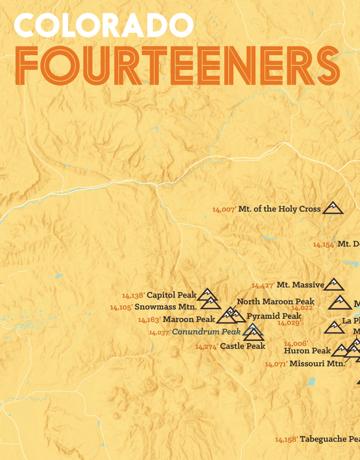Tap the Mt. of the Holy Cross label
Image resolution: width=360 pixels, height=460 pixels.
point(279,209)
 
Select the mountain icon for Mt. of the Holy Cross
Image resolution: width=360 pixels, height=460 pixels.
point(332,208)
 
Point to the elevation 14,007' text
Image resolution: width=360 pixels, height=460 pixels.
point(224,209)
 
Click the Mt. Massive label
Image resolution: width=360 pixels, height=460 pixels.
point(300,285)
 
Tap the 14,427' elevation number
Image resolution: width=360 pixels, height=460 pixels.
point(263,286)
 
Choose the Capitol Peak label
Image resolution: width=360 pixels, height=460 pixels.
point(171,295)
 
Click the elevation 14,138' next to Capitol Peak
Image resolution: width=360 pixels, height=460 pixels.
point(134,296)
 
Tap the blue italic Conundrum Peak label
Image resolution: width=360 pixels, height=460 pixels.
point(206,331)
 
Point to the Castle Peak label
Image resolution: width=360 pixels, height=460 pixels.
point(243,346)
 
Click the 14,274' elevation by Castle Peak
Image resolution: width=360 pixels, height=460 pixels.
point(206,347)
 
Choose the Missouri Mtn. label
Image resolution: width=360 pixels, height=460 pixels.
point(317,363)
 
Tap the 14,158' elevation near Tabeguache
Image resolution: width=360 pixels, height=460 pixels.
point(286,440)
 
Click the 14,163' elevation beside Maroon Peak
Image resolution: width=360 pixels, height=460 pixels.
point(149,320)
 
